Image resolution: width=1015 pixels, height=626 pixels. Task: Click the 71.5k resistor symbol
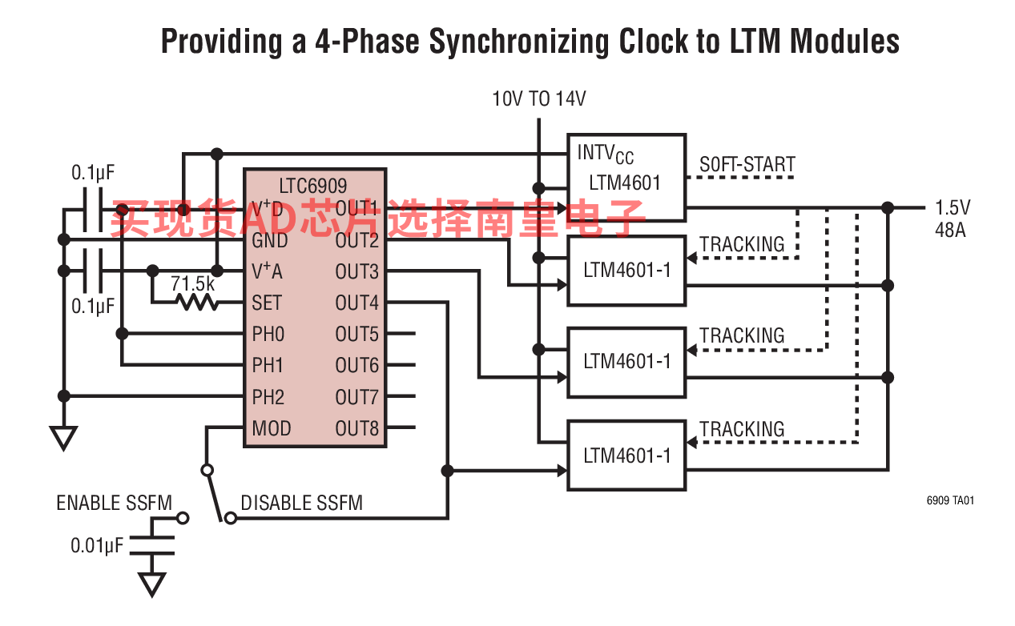point(198,302)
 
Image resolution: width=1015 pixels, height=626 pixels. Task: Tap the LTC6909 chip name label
point(312,186)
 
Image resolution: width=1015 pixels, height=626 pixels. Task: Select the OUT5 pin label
point(356,334)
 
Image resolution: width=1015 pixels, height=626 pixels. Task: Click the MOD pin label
point(272,428)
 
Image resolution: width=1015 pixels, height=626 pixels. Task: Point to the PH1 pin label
point(268,365)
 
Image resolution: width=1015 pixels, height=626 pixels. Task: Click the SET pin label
point(267,303)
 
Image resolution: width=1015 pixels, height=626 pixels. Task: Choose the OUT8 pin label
point(356,428)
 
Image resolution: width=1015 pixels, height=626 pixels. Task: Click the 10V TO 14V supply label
point(539,98)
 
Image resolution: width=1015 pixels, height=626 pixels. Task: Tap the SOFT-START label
point(747,164)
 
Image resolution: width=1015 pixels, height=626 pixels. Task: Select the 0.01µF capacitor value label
point(97,545)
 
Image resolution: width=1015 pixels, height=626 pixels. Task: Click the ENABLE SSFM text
point(115,503)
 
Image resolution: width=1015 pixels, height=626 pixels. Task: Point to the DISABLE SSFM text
point(302,503)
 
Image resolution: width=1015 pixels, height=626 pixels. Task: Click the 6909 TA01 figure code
point(950,500)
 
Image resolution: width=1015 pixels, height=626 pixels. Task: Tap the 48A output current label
point(950,230)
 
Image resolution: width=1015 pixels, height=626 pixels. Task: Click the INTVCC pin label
point(606,154)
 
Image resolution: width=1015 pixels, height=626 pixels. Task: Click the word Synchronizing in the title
point(519,42)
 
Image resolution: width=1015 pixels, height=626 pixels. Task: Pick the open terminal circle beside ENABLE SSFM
point(183,518)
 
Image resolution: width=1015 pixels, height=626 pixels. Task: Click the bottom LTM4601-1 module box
point(626,455)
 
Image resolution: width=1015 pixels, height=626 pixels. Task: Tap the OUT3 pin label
point(356,271)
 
